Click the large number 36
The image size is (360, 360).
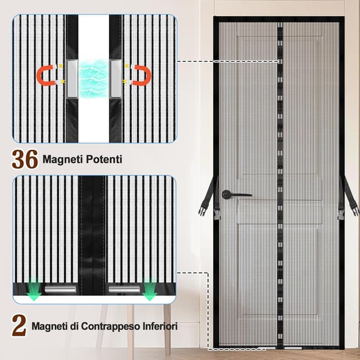[x=25, y=159]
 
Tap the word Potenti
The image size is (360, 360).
[x=105, y=160]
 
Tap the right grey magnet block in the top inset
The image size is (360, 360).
[x=116, y=75]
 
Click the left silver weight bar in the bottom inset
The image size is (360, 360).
[x=61, y=290]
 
